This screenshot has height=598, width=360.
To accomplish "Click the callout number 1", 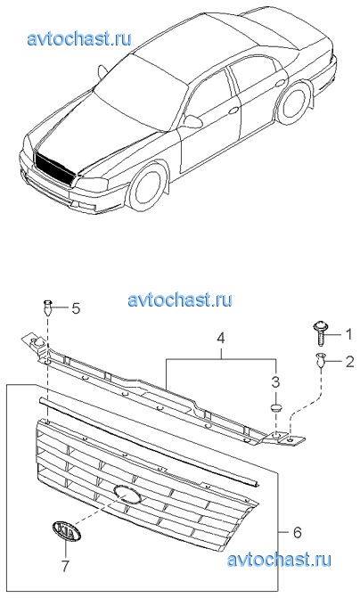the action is (x=348, y=335).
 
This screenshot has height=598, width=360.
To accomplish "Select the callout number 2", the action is (x=349, y=362).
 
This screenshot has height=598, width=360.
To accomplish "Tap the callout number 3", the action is (x=275, y=381).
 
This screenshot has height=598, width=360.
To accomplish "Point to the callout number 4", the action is (x=221, y=339).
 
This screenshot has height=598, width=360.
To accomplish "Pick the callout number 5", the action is (x=76, y=308).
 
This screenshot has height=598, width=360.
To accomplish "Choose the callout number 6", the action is (x=297, y=531).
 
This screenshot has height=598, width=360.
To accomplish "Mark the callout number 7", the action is (x=66, y=566).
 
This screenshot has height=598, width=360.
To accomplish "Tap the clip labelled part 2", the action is (x=321, y=360).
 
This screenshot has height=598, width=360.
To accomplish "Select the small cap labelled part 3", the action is (x=275, y=408).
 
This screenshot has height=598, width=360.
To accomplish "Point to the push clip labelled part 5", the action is (x=47, y=307).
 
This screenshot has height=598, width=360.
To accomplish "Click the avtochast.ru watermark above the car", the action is (x=79, y=38).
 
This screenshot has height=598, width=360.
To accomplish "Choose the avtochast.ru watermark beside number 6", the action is (x=279, y=560).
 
